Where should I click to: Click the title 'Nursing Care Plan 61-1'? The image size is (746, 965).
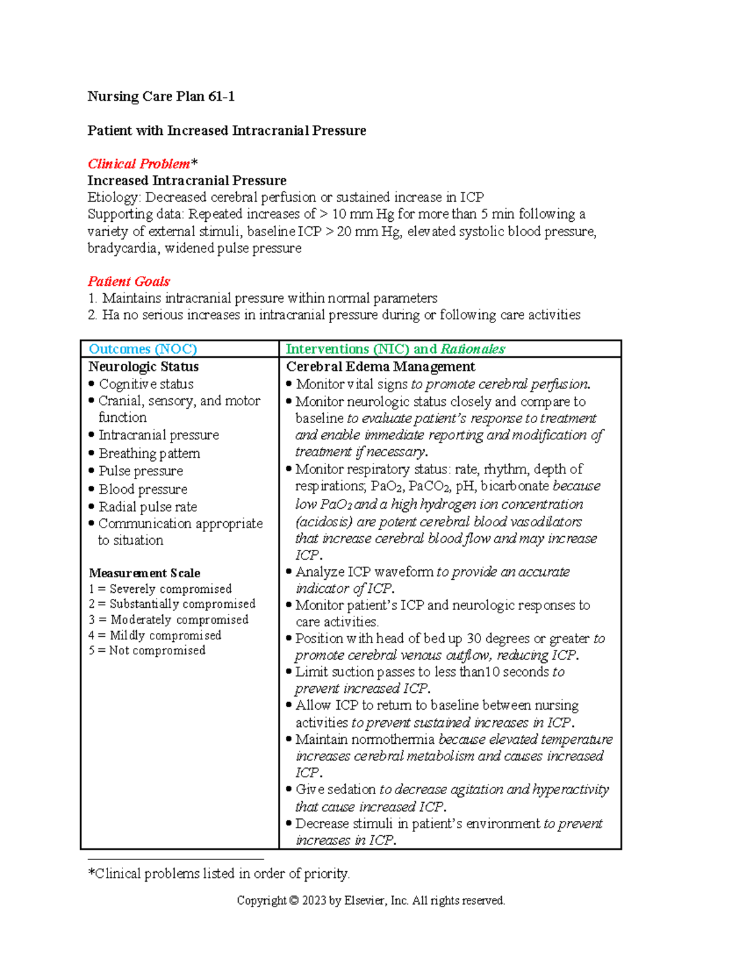point(161,96)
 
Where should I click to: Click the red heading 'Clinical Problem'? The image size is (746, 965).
point(139,164)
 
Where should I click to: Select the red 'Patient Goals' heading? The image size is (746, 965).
point(129,281)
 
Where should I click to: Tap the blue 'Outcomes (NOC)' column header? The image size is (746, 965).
point(143,349)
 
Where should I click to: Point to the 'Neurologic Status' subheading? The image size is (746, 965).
point(144,367)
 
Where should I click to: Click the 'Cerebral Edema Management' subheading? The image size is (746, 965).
point(380,367)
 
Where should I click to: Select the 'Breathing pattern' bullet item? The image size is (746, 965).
point(149,454)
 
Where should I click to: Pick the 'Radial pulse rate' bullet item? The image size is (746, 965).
point(147,507)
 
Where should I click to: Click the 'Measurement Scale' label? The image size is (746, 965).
point(144,573)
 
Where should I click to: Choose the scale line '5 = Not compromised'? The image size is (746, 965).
point(147,651)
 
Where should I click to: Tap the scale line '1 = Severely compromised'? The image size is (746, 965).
point(160,589)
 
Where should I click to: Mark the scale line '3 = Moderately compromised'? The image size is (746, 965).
point(168,620)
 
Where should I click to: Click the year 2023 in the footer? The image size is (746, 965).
point(315,901)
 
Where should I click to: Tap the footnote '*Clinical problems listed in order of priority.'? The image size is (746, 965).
point(219,874)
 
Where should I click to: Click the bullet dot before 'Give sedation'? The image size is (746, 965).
point(289,789)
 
